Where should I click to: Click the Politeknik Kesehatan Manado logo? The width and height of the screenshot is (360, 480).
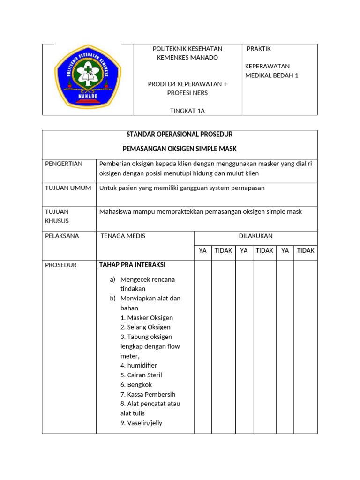click(x=88, y=78)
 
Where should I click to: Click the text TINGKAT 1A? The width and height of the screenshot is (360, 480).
click(x=187, y=111)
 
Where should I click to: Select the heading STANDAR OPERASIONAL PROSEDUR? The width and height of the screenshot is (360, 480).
click(x=180, y=135)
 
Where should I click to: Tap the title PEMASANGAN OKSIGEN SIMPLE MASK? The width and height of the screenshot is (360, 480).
click(x=180, y=149)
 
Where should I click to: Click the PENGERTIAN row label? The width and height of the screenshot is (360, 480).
click(x=64, y=164)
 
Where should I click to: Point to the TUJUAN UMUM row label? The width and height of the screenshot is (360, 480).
click(x=68, y=188)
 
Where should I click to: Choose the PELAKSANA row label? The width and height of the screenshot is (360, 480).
click(x=62, y=236)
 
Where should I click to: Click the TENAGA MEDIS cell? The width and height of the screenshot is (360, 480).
click(x=123, y=236)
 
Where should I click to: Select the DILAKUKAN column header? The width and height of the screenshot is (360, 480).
click(x=255, y=236)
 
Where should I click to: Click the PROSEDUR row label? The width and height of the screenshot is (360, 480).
click(x=60, y=265)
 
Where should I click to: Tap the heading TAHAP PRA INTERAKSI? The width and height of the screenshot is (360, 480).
click(x=132, y=265)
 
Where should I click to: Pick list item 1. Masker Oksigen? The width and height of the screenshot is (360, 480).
click(x=147, y=318)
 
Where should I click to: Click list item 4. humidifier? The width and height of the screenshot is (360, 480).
click(x=139, y=365)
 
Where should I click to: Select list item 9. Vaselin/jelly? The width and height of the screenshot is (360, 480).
click(x=141, y=423)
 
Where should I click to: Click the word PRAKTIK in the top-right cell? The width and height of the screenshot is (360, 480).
click(x=259, y=49)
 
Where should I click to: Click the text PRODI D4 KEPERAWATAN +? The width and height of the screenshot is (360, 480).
click(x=187, y=84)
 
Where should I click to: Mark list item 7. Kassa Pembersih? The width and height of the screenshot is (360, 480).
click(x=148, y=394)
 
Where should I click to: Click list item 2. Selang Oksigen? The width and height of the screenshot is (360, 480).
click(x=145, y=327)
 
